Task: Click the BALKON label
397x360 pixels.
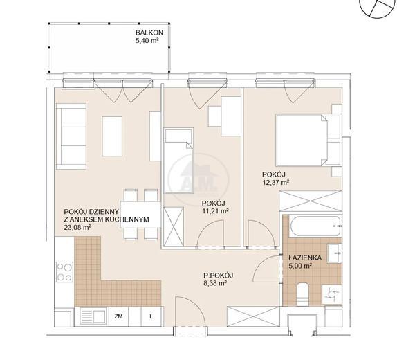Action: pos(149,33)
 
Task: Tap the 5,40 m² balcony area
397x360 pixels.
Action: pos(147,40)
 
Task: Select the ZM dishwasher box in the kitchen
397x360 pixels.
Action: pos(118,316)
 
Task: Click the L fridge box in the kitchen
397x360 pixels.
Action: pos(151,316)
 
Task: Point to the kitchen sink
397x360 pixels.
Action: pos(93,316)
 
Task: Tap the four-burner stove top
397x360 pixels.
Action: pos(64,272)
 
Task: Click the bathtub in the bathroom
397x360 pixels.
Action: pos(315,226)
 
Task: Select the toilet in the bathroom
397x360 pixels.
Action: pos(302,294)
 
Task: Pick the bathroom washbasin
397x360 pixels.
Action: pos(334,253)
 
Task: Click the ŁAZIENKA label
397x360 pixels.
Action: pos(305,258)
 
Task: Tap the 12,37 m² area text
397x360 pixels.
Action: pos(276,182)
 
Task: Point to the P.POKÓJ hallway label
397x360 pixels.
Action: pos(219,276)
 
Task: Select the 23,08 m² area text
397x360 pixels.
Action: pos(77,227)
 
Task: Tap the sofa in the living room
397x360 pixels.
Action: pos(71,136)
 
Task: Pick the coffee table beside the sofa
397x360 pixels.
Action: pos(112,136)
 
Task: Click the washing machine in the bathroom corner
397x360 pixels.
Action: pos(332,294)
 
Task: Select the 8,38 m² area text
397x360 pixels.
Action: pos(215,283)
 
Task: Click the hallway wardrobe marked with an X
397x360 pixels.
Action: pos(253,316)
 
